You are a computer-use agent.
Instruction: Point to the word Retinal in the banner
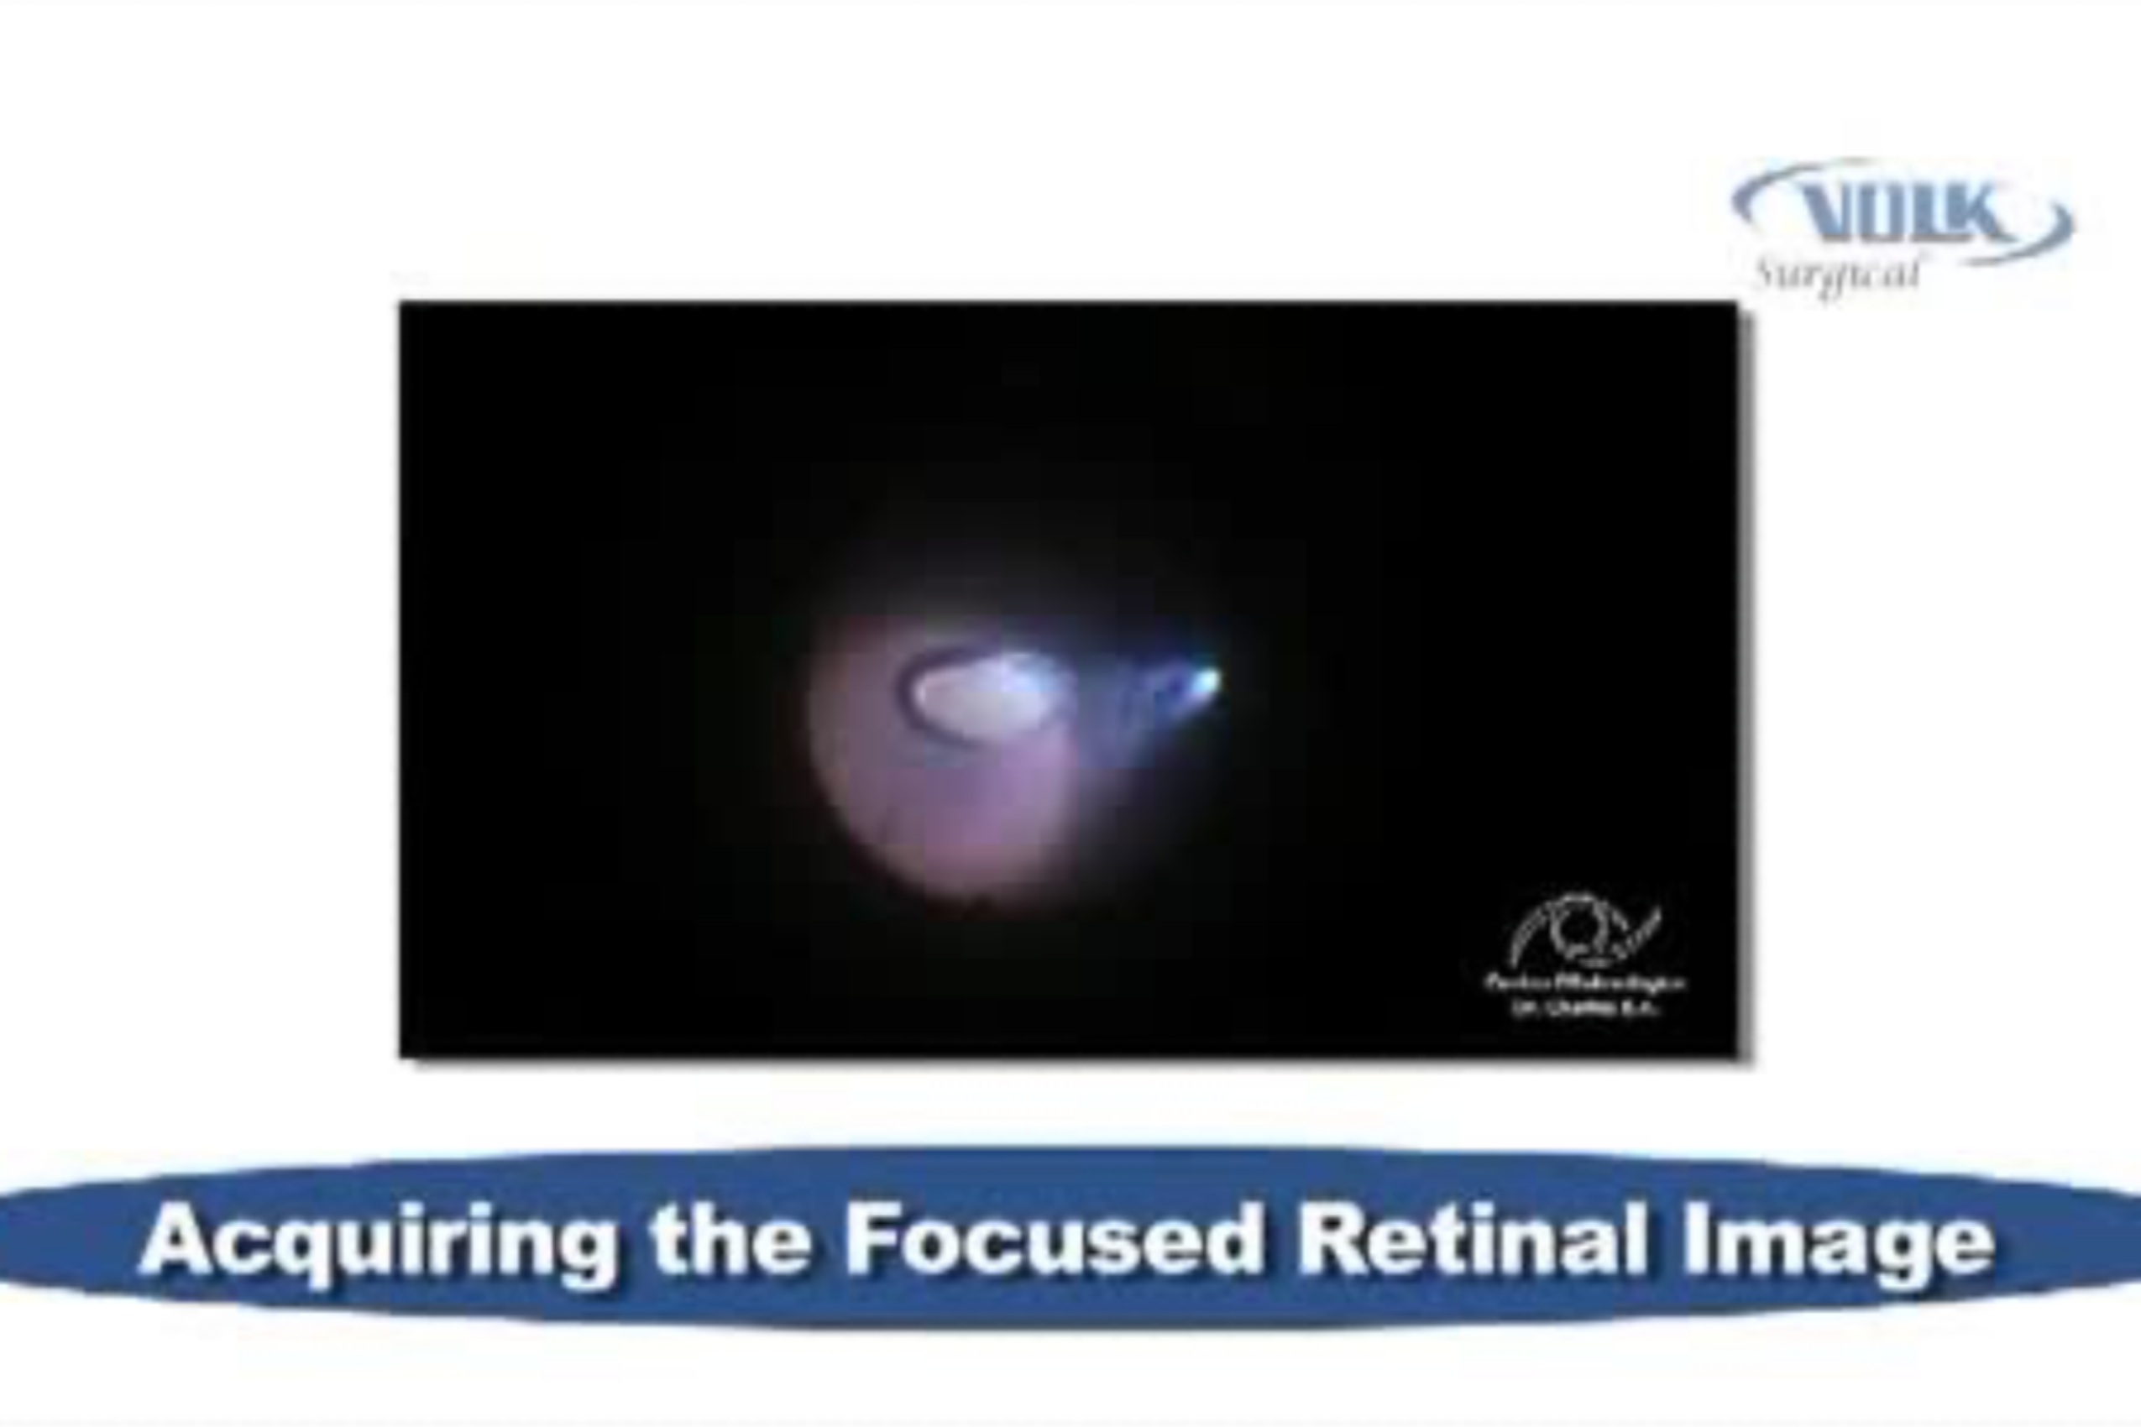click(1471, 1240)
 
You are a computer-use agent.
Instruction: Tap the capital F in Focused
click(875, 1240)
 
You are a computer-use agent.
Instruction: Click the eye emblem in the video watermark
click(1584, 933)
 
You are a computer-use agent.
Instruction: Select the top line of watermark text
click(1584, 983)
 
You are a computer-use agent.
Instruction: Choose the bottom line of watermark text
click(1584, 1007)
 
